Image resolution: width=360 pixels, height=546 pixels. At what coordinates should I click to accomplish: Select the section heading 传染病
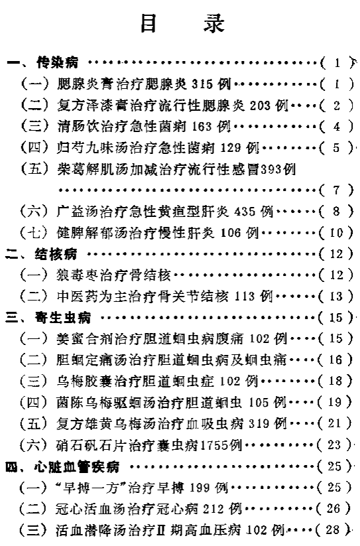click(58, 63)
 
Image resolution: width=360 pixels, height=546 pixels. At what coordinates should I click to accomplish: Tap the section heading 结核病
click(56, 254)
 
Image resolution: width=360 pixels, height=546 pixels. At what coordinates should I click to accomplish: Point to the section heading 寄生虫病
click(63, 318)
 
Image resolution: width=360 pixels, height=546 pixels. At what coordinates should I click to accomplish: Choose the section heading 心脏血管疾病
click(77, 466)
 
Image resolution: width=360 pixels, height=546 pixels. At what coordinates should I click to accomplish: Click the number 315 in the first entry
click(202, 84)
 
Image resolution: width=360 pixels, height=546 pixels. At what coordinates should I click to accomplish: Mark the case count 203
click(260, 105)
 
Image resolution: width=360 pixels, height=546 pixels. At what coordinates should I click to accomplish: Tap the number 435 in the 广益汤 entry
click(245, 212)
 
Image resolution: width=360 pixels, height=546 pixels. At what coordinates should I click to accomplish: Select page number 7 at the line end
click(336, 190)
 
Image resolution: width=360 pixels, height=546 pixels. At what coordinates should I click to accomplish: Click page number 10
click(336, 233)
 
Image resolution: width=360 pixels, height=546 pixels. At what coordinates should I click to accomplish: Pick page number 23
click(334, 444)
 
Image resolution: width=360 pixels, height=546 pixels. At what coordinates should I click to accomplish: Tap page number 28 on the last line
click(332, 530)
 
